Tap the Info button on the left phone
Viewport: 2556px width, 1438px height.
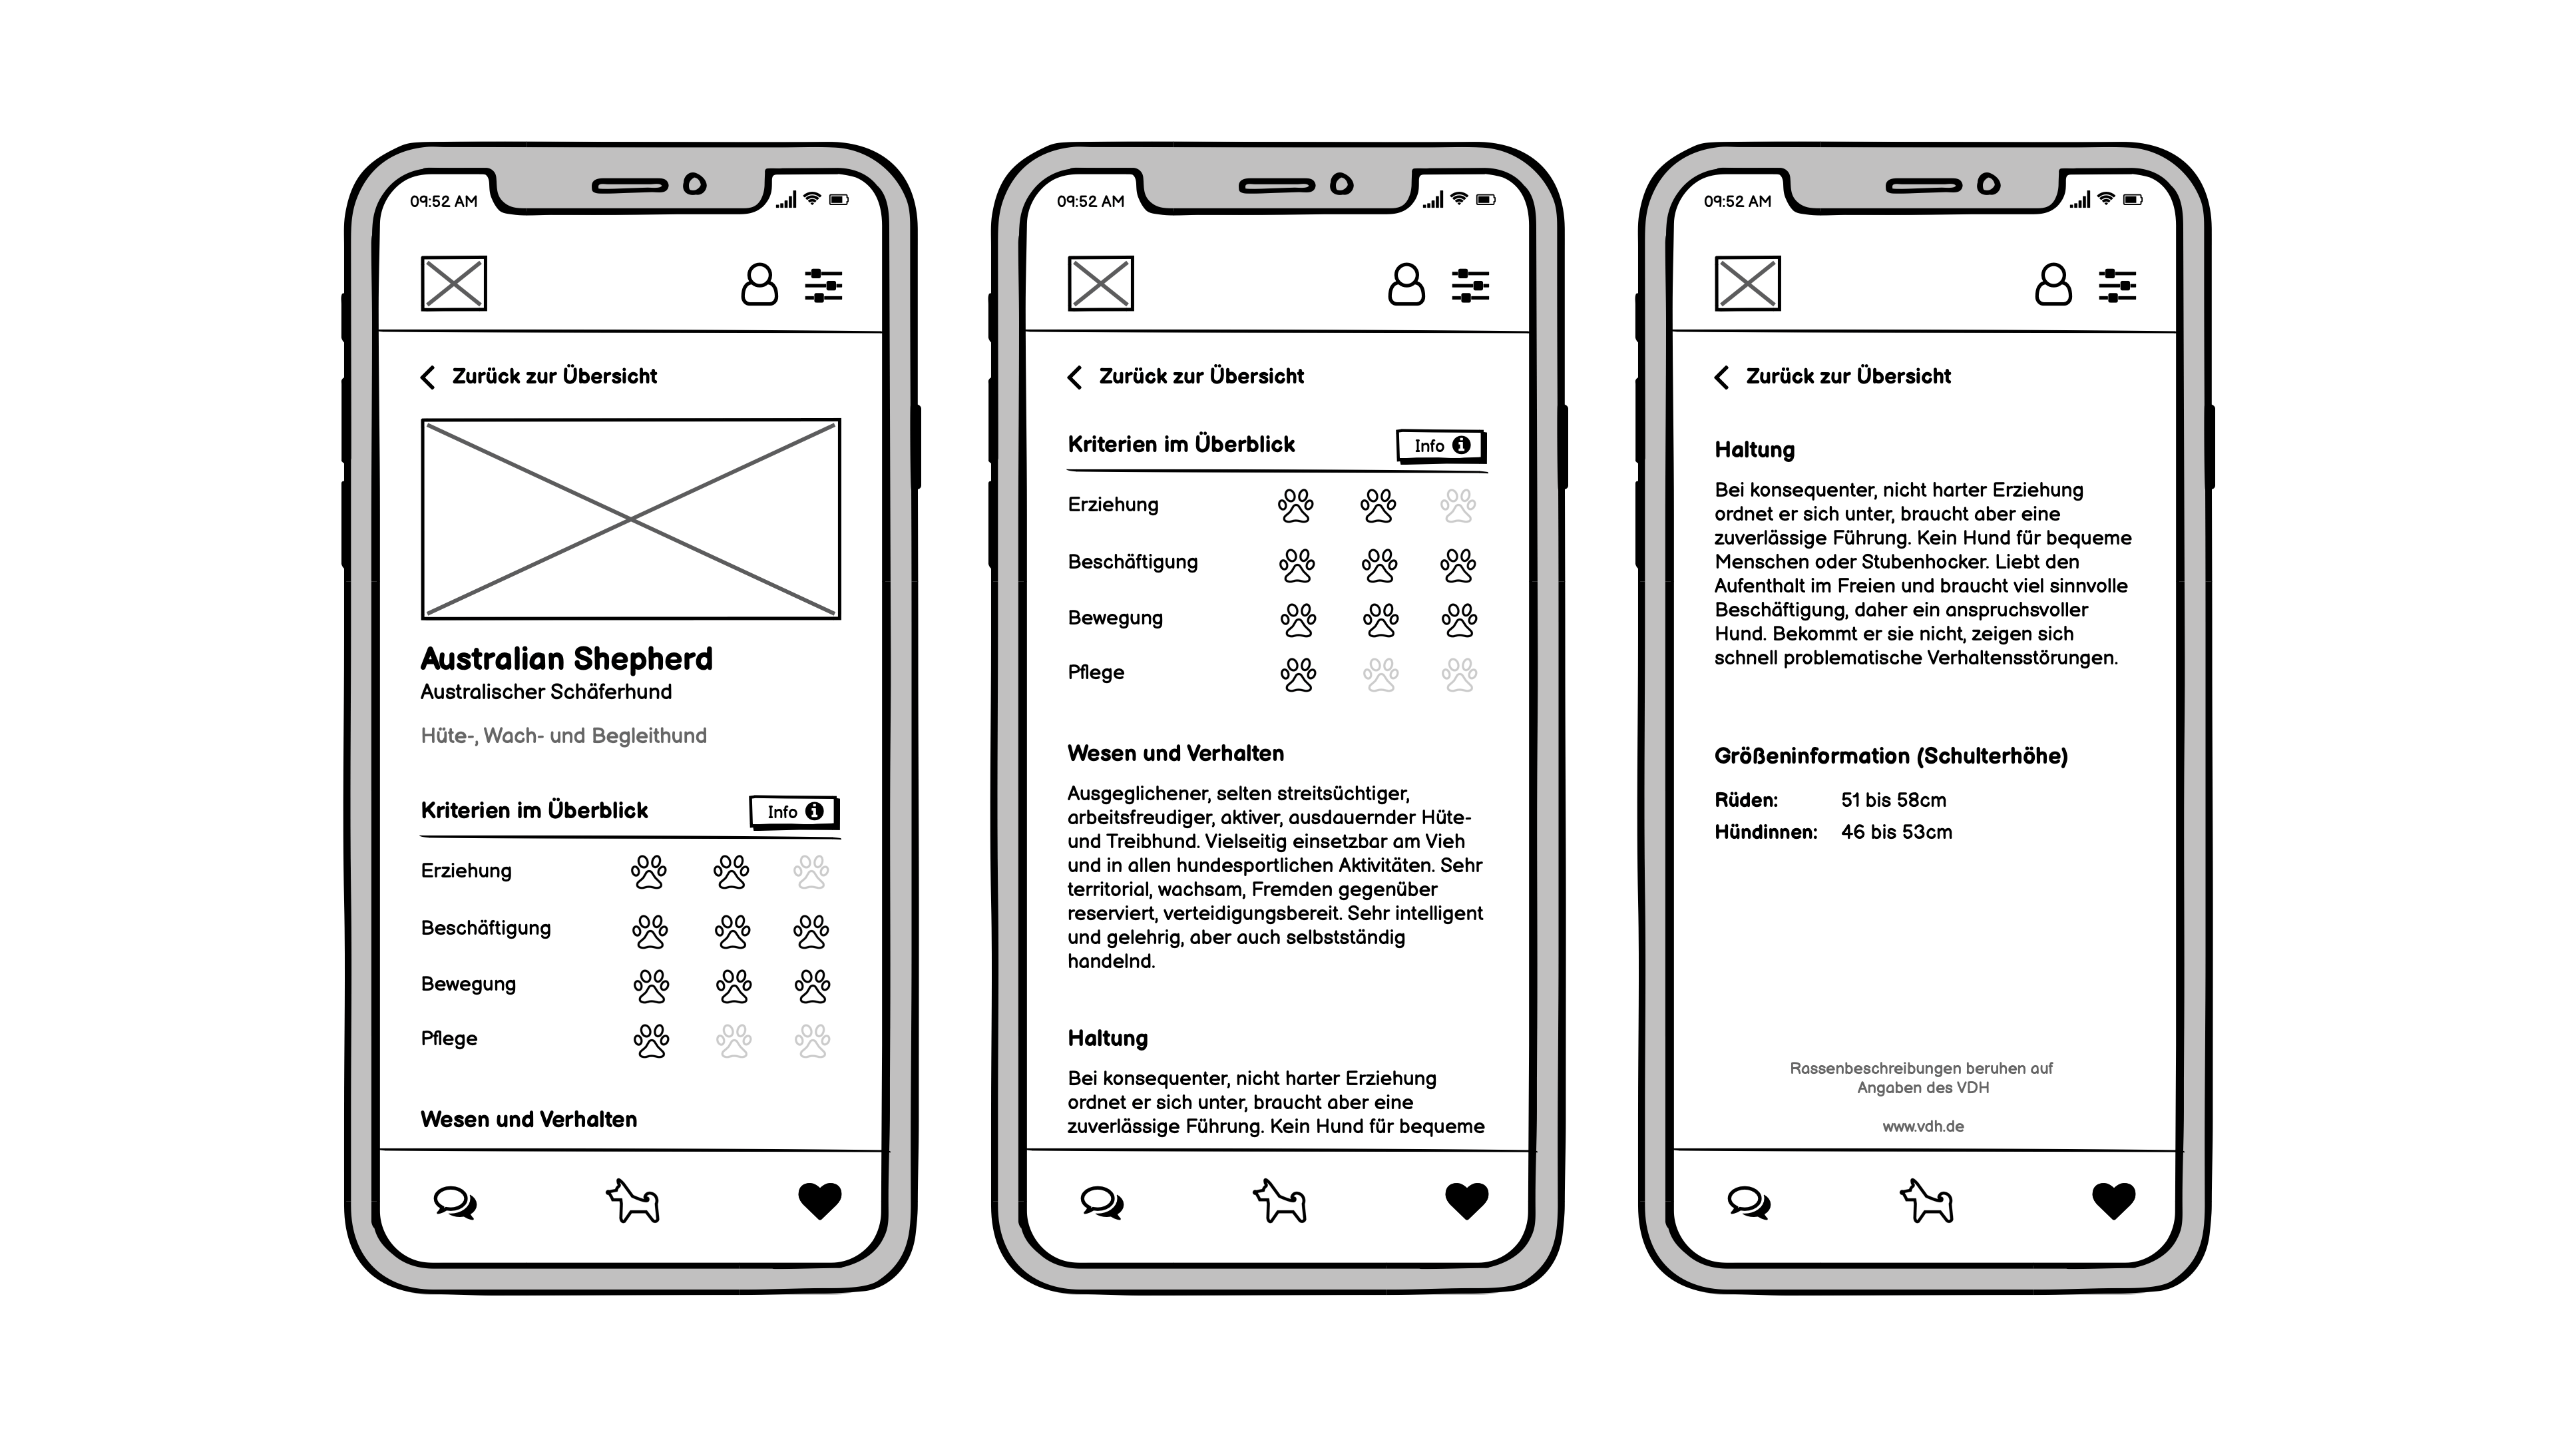click(x=794, y=812)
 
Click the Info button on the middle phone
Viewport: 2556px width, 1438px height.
click(x=1440, y=445)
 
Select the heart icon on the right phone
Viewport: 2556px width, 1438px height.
click(x=2113, y=1202)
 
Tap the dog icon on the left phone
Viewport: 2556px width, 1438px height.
click(x=633, y=1201)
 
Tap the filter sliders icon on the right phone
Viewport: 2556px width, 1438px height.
click(x=2117, y=286)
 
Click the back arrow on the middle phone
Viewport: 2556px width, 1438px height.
click(x=1074, y=377)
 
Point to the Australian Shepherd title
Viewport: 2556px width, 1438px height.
click(x=566, y=659)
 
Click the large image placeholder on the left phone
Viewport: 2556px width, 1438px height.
click(x=631, y=519)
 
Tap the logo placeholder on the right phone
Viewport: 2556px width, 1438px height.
click(x=1747, y=284)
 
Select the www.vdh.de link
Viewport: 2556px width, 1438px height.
click(x=1923, y=1126)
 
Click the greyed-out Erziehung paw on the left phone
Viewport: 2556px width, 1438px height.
click(x=811, y=872)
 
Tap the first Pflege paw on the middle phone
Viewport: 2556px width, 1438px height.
click(x=1298, y=675)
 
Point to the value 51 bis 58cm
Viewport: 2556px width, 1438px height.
click(x=1893, y=800)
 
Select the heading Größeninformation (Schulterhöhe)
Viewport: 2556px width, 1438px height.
click(x=1891, y=756)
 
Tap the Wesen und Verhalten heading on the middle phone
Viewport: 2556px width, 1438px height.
click(x=1175, y=753)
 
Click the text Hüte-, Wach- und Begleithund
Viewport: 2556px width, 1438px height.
click(x=564, y=736)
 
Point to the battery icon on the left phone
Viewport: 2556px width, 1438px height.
click(x=839, y=200)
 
